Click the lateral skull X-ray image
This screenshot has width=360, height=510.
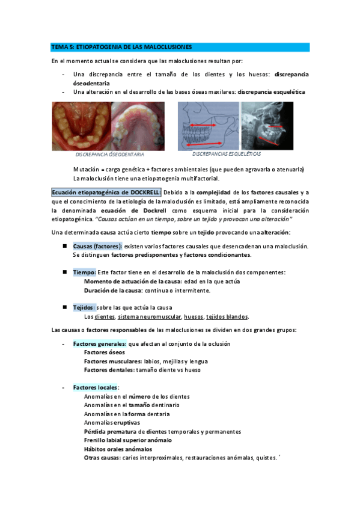267,125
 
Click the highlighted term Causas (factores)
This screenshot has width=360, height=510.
97,247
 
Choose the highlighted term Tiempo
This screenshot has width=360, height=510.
84,272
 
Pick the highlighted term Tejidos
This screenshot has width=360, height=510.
84,307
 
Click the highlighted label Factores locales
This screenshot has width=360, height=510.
96,387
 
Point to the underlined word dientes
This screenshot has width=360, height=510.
105,317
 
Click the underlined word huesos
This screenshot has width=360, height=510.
194,317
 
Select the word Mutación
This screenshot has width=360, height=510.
86,169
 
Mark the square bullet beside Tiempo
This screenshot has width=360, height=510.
64,272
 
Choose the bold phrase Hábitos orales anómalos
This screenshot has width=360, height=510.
118,449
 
